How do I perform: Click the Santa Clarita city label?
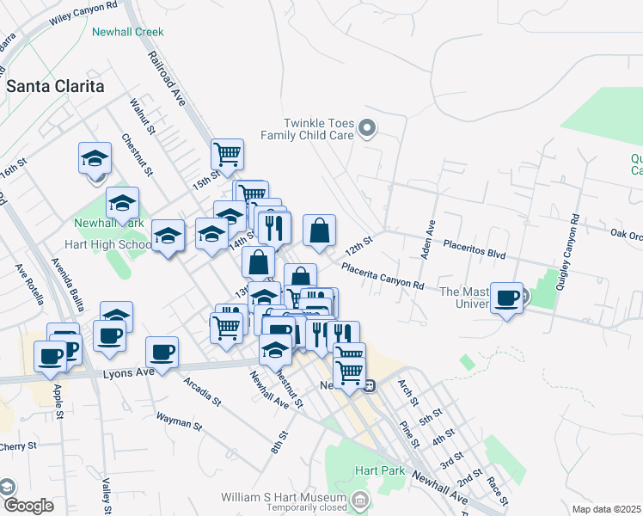[56, 87]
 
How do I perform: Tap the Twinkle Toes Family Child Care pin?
[368, 129]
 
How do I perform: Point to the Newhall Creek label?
[127, 32]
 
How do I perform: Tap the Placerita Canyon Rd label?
[383, 276]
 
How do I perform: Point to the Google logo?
[28, 506]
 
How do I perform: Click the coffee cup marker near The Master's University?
[507, 298]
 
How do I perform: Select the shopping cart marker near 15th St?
[228, 155]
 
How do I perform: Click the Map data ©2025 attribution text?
[607, 509]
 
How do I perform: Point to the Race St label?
[496, 488]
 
